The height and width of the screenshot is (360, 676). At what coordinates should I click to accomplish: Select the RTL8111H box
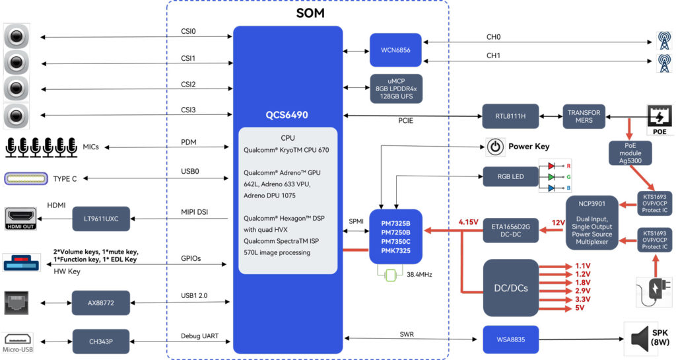point(510,116)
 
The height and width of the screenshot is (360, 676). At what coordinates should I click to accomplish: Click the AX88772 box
point(101,303)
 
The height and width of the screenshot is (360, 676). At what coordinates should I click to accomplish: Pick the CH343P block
point(101,341)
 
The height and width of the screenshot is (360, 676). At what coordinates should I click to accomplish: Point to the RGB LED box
point(510,177)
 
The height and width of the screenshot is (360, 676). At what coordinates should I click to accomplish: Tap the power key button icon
point(494,147)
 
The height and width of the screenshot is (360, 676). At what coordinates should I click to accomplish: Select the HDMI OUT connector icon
point(20,217)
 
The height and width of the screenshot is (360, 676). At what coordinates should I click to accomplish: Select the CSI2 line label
point(189,84)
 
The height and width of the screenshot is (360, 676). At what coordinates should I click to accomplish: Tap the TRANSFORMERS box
point(584,116)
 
